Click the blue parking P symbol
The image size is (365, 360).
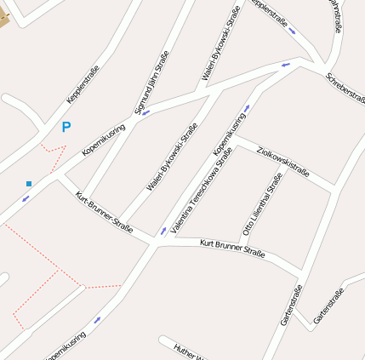point(66,128)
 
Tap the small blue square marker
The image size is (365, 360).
point(29,183)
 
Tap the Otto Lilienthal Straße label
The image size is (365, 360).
point(262,204)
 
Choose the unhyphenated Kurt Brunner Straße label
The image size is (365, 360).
point(232,249)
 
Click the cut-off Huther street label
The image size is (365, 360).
point(191,351)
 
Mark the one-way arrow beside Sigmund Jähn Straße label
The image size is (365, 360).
point(146,113)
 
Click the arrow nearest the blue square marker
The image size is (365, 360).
point(26,199)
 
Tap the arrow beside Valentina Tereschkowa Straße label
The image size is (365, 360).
point(163,230)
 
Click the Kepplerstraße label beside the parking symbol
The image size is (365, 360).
point(83,84)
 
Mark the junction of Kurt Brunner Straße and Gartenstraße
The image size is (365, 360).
point(300,275)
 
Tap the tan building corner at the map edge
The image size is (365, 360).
point(3,16)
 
